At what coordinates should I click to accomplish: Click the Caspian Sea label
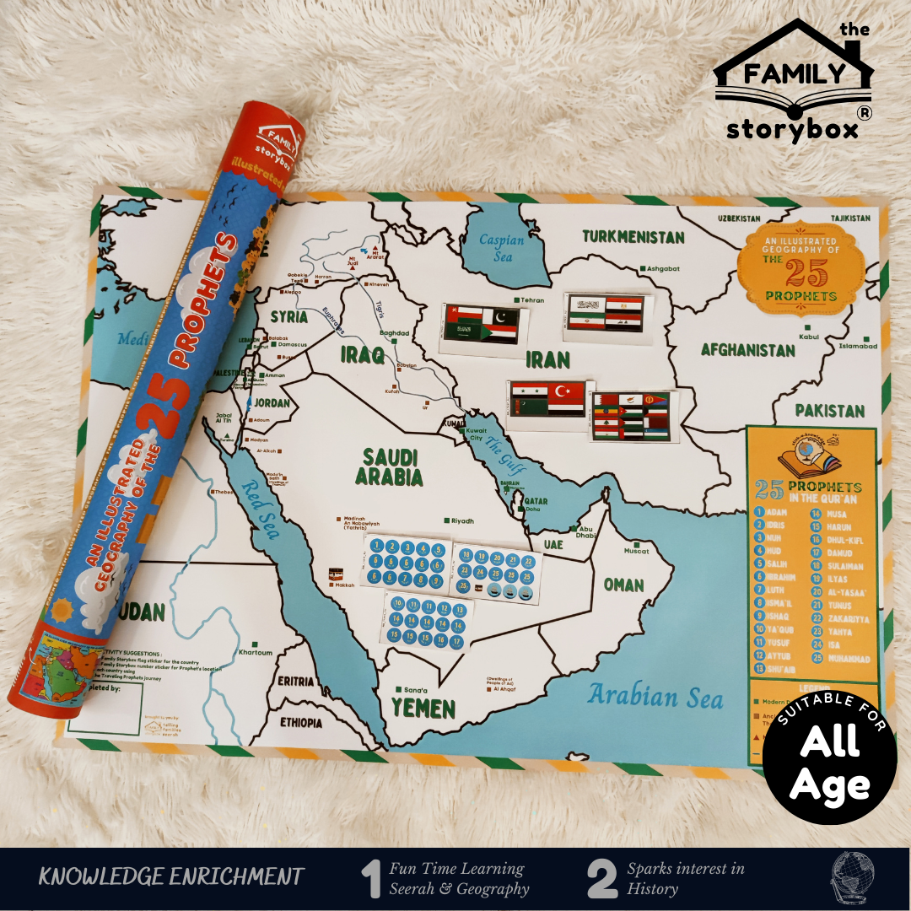(501, 246)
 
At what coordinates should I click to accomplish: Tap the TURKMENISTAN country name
(633, 236)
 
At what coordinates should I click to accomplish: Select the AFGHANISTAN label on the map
(747, 350)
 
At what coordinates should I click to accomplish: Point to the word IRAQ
(363, 354)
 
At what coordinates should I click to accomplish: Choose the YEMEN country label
(423, 709)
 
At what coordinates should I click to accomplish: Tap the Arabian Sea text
(655, 697)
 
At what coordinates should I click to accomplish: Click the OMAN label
(623, 585)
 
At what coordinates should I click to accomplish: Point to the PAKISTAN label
(830, 411)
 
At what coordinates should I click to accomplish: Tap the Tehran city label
(531, 300)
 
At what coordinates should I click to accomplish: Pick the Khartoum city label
(255, 652)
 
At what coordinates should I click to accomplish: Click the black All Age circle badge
(829, 757)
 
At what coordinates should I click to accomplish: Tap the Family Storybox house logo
(793, 80)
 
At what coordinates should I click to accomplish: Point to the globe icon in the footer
(852, 877)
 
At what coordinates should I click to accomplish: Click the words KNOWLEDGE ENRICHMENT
(170, 876)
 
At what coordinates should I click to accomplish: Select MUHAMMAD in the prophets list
(849, 658)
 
